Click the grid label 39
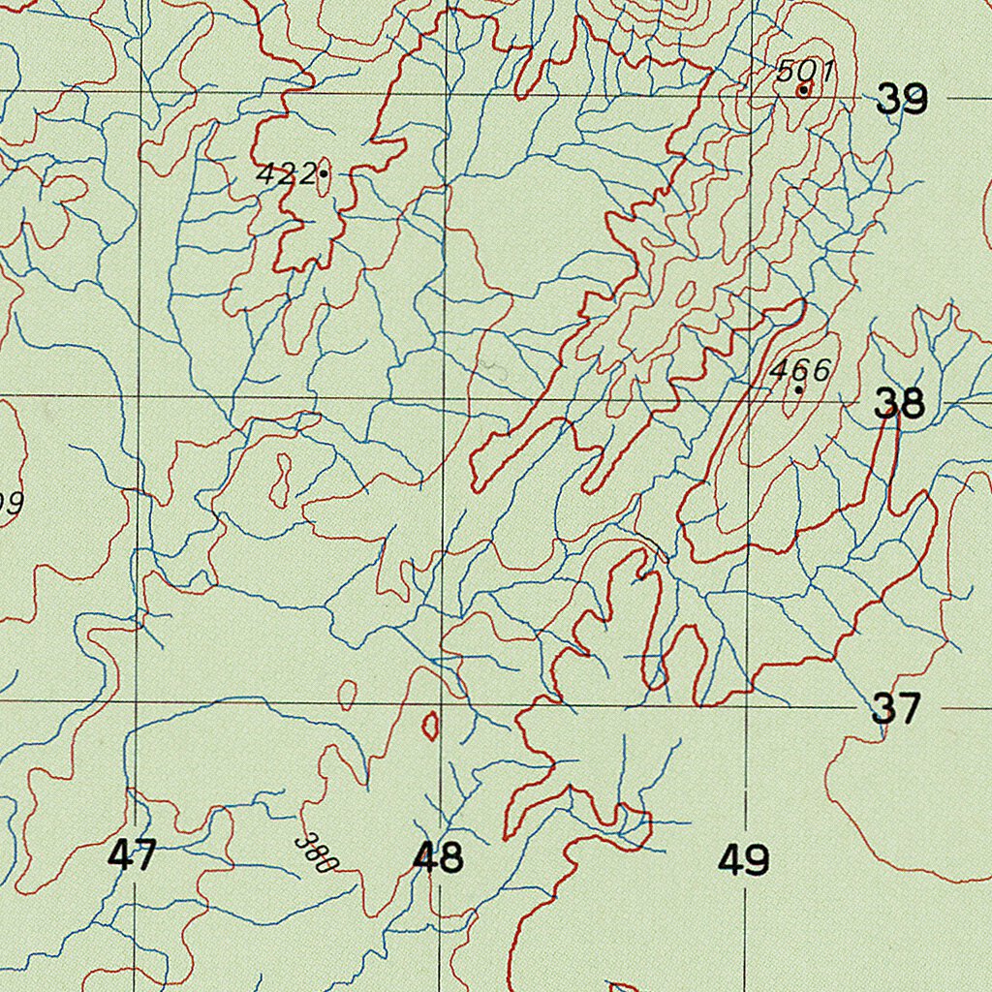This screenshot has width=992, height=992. click(x=902, y=99)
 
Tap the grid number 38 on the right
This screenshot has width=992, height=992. click(x=899, y=404)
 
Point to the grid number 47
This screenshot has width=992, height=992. click(x=132, y=856)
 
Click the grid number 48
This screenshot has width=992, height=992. click(x=438, y=857)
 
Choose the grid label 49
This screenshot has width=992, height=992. click(x=744, y=859)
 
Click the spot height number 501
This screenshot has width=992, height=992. click(x=805, y=71)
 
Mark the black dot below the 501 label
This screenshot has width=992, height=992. click(x=803, y=91)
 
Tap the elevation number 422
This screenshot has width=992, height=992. click(x=286, y=174)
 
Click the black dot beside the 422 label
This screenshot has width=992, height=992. click(x=324, y=174)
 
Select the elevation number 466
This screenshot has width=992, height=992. click(x=801, y=370)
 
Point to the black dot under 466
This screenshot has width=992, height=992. click(x=798, y=390)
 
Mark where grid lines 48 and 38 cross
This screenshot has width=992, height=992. click(x=445, y=397)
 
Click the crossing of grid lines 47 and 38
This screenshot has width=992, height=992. click(x=139, y=395)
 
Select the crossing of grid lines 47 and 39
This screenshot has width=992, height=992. click(x=141, y=92)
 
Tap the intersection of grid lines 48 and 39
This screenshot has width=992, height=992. click(x=447, y=94)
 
